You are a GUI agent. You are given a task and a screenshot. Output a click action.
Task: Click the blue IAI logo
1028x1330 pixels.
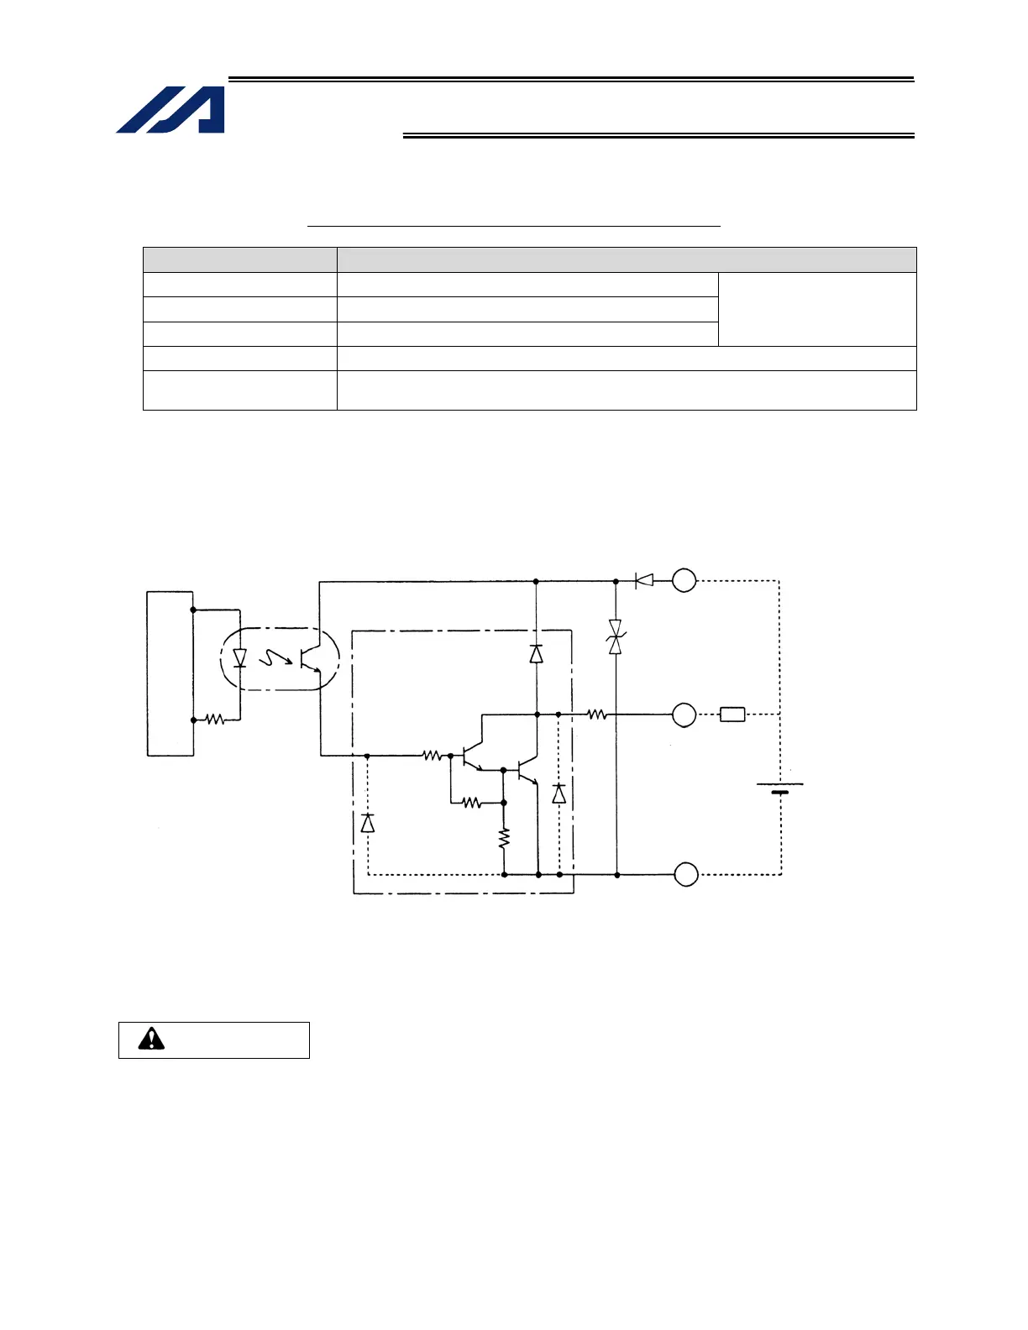[x=171, y=109]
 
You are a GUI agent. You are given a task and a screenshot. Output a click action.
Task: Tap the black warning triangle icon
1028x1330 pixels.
[x=151, y=1039]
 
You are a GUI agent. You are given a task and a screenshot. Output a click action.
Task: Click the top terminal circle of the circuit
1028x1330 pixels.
[x=684, y=580]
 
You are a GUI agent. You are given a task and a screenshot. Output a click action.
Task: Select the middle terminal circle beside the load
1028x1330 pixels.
[x=684, y=715]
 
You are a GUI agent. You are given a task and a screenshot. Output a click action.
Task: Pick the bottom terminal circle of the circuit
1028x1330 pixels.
[x=686, y=874]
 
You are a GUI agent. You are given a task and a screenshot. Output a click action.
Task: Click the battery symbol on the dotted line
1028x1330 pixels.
[x=780, y=788]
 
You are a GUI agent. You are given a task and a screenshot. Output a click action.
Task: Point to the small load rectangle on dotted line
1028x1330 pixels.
[x=732, y=715]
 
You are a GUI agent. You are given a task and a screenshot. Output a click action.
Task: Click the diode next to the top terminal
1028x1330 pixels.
[x=644, y=580]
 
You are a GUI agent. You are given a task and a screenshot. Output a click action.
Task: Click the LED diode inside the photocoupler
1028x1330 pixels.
[x=239, y=658]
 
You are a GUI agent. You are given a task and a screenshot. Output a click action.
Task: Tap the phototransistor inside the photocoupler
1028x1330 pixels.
[x=310, y=658]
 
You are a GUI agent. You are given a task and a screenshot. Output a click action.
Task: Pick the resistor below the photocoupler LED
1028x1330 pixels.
[x=215, y=720]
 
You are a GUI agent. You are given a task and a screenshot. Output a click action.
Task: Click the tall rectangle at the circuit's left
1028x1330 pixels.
[x=170, y=673]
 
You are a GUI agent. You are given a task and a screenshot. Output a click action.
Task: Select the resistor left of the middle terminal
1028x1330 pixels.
[x=596, y=715]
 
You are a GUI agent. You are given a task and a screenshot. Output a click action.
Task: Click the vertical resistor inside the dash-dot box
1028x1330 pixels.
[x=504, y=838]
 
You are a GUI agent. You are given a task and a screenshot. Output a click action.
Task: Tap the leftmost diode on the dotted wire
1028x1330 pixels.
[x=367, y=823]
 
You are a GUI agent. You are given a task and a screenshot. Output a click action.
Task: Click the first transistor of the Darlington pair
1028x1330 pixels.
[x=471, y=756]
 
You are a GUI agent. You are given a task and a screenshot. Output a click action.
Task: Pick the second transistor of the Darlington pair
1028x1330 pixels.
[x=527, y=770]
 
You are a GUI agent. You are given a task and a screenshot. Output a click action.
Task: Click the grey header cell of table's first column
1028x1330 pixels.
[x=240, y=259]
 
